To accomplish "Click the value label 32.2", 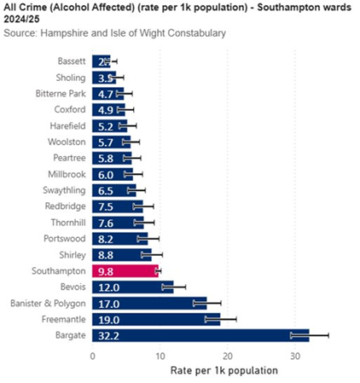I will pos(107,335).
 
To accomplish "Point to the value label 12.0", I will pos(107,287).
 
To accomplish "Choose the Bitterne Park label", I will pos(61,93).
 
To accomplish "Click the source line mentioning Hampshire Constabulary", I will pos(115,33).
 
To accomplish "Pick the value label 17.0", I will pos(107,303).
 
